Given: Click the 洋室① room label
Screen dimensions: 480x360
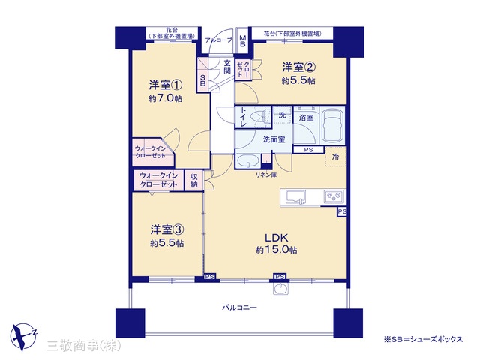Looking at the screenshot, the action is click(x=166, y=85).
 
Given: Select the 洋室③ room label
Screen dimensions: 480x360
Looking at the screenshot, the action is click(x=166, y=229).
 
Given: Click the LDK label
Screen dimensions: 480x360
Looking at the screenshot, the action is click(x=277, y=238).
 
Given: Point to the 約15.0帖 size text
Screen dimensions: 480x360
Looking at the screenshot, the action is click(x=277, y=250).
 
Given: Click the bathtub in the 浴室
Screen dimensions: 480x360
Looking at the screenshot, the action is click(x=331, y=125).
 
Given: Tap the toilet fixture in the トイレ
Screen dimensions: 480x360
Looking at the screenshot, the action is click(x=260, y=117).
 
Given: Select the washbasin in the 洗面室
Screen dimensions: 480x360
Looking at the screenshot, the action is click(x=248, y=161).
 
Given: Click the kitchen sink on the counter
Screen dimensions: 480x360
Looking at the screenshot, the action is click(x=295, y=197).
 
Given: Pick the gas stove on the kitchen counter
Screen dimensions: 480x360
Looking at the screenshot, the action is click(x=334, y=196).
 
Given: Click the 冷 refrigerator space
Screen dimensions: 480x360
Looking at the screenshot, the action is click(x=336, y=157).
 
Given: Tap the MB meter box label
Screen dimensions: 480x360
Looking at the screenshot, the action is click(x=242, y=40).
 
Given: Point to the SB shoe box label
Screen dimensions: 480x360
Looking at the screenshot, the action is click(x=202, y=80).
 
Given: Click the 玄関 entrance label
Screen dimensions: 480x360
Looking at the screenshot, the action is click(x=226, y=67).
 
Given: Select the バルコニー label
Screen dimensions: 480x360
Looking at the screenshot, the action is click(x=240, y=307).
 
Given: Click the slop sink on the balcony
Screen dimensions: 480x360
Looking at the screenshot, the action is click(x=280, y=288).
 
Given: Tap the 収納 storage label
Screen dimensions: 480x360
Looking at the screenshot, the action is click(x=194, y=181).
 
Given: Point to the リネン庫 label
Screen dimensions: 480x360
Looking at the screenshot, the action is click(x=266, y=175).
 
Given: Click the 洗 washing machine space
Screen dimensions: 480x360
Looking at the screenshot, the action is click(x=282, y=115).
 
